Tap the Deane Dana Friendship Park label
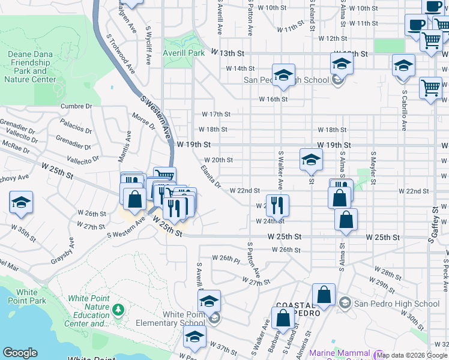pos(32,66)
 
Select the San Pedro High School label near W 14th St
pos(286,80)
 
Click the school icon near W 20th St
pos(311,159)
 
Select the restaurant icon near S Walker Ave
pos(277,205)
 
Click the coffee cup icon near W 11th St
pos(416,25)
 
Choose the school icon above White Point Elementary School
pos(209,301)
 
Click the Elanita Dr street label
pos(211,176)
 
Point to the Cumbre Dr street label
pos(76,106)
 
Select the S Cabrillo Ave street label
pos(405,110)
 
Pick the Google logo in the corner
pos(20,353)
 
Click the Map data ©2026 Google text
pos(412,355)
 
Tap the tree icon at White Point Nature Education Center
pos(118,308)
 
